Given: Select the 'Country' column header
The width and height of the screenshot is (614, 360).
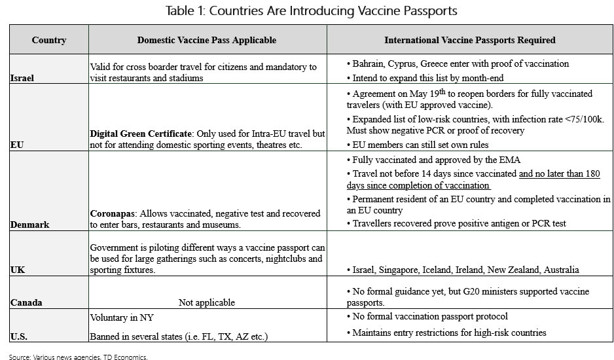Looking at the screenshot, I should point(49,40).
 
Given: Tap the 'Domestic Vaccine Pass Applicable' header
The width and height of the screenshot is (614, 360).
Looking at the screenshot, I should point(207,40).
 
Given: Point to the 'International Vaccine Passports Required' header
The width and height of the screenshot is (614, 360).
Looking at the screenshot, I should point(469,40).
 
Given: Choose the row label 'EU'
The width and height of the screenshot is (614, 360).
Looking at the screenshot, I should point(16,145).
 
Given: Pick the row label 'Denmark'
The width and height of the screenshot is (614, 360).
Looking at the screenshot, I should point(30,225).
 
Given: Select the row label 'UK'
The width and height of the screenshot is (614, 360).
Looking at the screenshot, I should point(16,270).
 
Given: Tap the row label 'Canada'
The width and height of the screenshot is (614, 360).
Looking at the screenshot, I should point(27,303).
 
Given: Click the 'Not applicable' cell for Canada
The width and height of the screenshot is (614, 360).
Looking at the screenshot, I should point(207,303).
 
